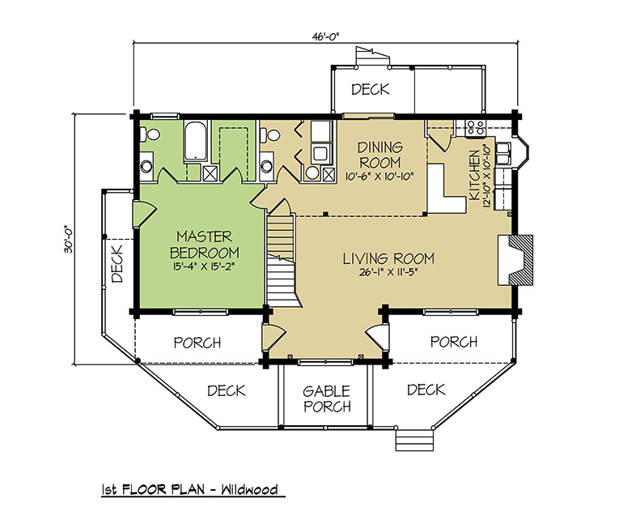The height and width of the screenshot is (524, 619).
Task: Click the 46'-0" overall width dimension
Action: click(326, 36)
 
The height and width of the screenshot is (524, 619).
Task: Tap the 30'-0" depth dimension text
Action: click(69, 239)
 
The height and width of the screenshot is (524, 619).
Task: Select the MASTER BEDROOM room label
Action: click(204, 245)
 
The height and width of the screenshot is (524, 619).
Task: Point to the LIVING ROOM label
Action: click(388, 259)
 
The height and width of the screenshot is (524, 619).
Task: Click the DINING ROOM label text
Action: click(379, 155)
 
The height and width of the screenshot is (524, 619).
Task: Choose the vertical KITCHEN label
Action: click(473, 175)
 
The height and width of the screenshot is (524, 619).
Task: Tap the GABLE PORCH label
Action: click(327, 398)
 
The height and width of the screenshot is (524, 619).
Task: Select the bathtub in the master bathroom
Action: click(196, 141)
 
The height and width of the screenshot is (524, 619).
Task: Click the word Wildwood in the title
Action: click(249, 490)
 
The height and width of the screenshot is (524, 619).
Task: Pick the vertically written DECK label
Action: click(117, 263)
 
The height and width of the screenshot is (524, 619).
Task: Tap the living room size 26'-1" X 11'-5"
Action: click(388, 272)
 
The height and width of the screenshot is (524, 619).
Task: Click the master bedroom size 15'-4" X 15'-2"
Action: click(204, 266)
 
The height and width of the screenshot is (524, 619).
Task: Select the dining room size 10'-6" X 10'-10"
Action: click(379, 177)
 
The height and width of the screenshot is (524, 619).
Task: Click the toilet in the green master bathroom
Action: click(148, 134)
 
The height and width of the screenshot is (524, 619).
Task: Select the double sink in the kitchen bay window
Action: click(502, 153)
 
